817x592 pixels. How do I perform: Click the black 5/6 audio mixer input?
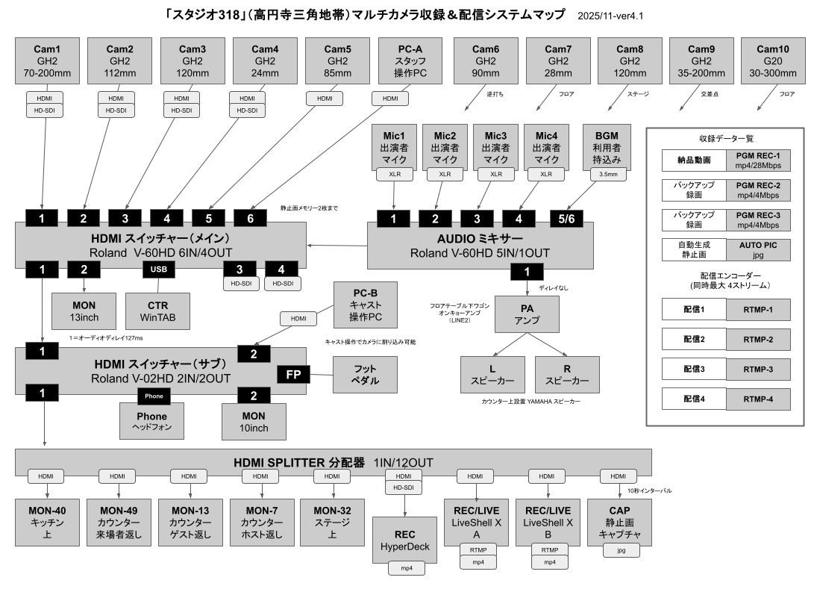[x=567, y=218]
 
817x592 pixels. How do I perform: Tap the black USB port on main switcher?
[x=159, y=269]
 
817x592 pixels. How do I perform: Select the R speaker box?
[x=567, y=374]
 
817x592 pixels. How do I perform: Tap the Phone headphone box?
[x=152, y=421]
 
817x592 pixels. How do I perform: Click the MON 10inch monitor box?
[x=254, y=421]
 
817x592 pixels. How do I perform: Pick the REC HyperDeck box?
[x=405, y=542]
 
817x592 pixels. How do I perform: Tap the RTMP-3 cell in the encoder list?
[x=758, y=370]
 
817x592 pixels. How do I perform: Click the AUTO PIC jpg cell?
[x=758, y=249]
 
